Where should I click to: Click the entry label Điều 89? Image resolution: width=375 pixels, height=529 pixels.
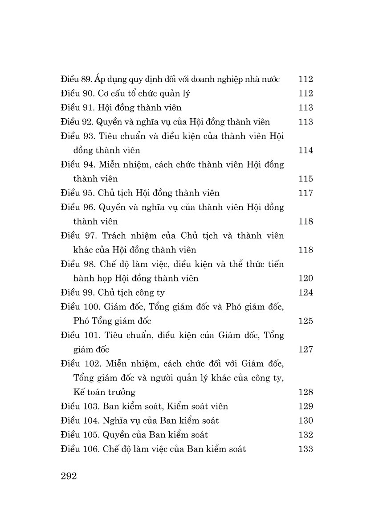click(x=76, y=80)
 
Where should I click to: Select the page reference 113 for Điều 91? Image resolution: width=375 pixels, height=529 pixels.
click(x=306, y=108)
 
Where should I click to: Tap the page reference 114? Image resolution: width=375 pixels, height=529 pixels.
click(x=306, y=150)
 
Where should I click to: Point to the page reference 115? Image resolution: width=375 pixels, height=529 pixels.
click(x=306, y=179)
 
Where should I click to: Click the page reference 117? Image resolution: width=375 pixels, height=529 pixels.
click(x=306, y=193)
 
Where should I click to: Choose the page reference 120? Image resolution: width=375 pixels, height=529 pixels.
click(x=306, y=278)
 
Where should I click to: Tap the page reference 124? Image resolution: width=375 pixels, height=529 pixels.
click(x=306, y=293)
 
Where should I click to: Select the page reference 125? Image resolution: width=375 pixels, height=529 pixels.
click(x=306, y=321)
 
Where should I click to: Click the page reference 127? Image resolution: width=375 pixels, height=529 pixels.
click(x=306, y=349)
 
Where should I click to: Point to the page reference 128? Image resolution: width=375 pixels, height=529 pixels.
click(x=306, y=392)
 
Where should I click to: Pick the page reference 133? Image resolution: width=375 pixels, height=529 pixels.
click(x=306, y=449)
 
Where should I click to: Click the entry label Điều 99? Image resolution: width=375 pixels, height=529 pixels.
click(x=76, y=293)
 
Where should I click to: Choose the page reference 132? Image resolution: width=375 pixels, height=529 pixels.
click(x=306, y=435)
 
